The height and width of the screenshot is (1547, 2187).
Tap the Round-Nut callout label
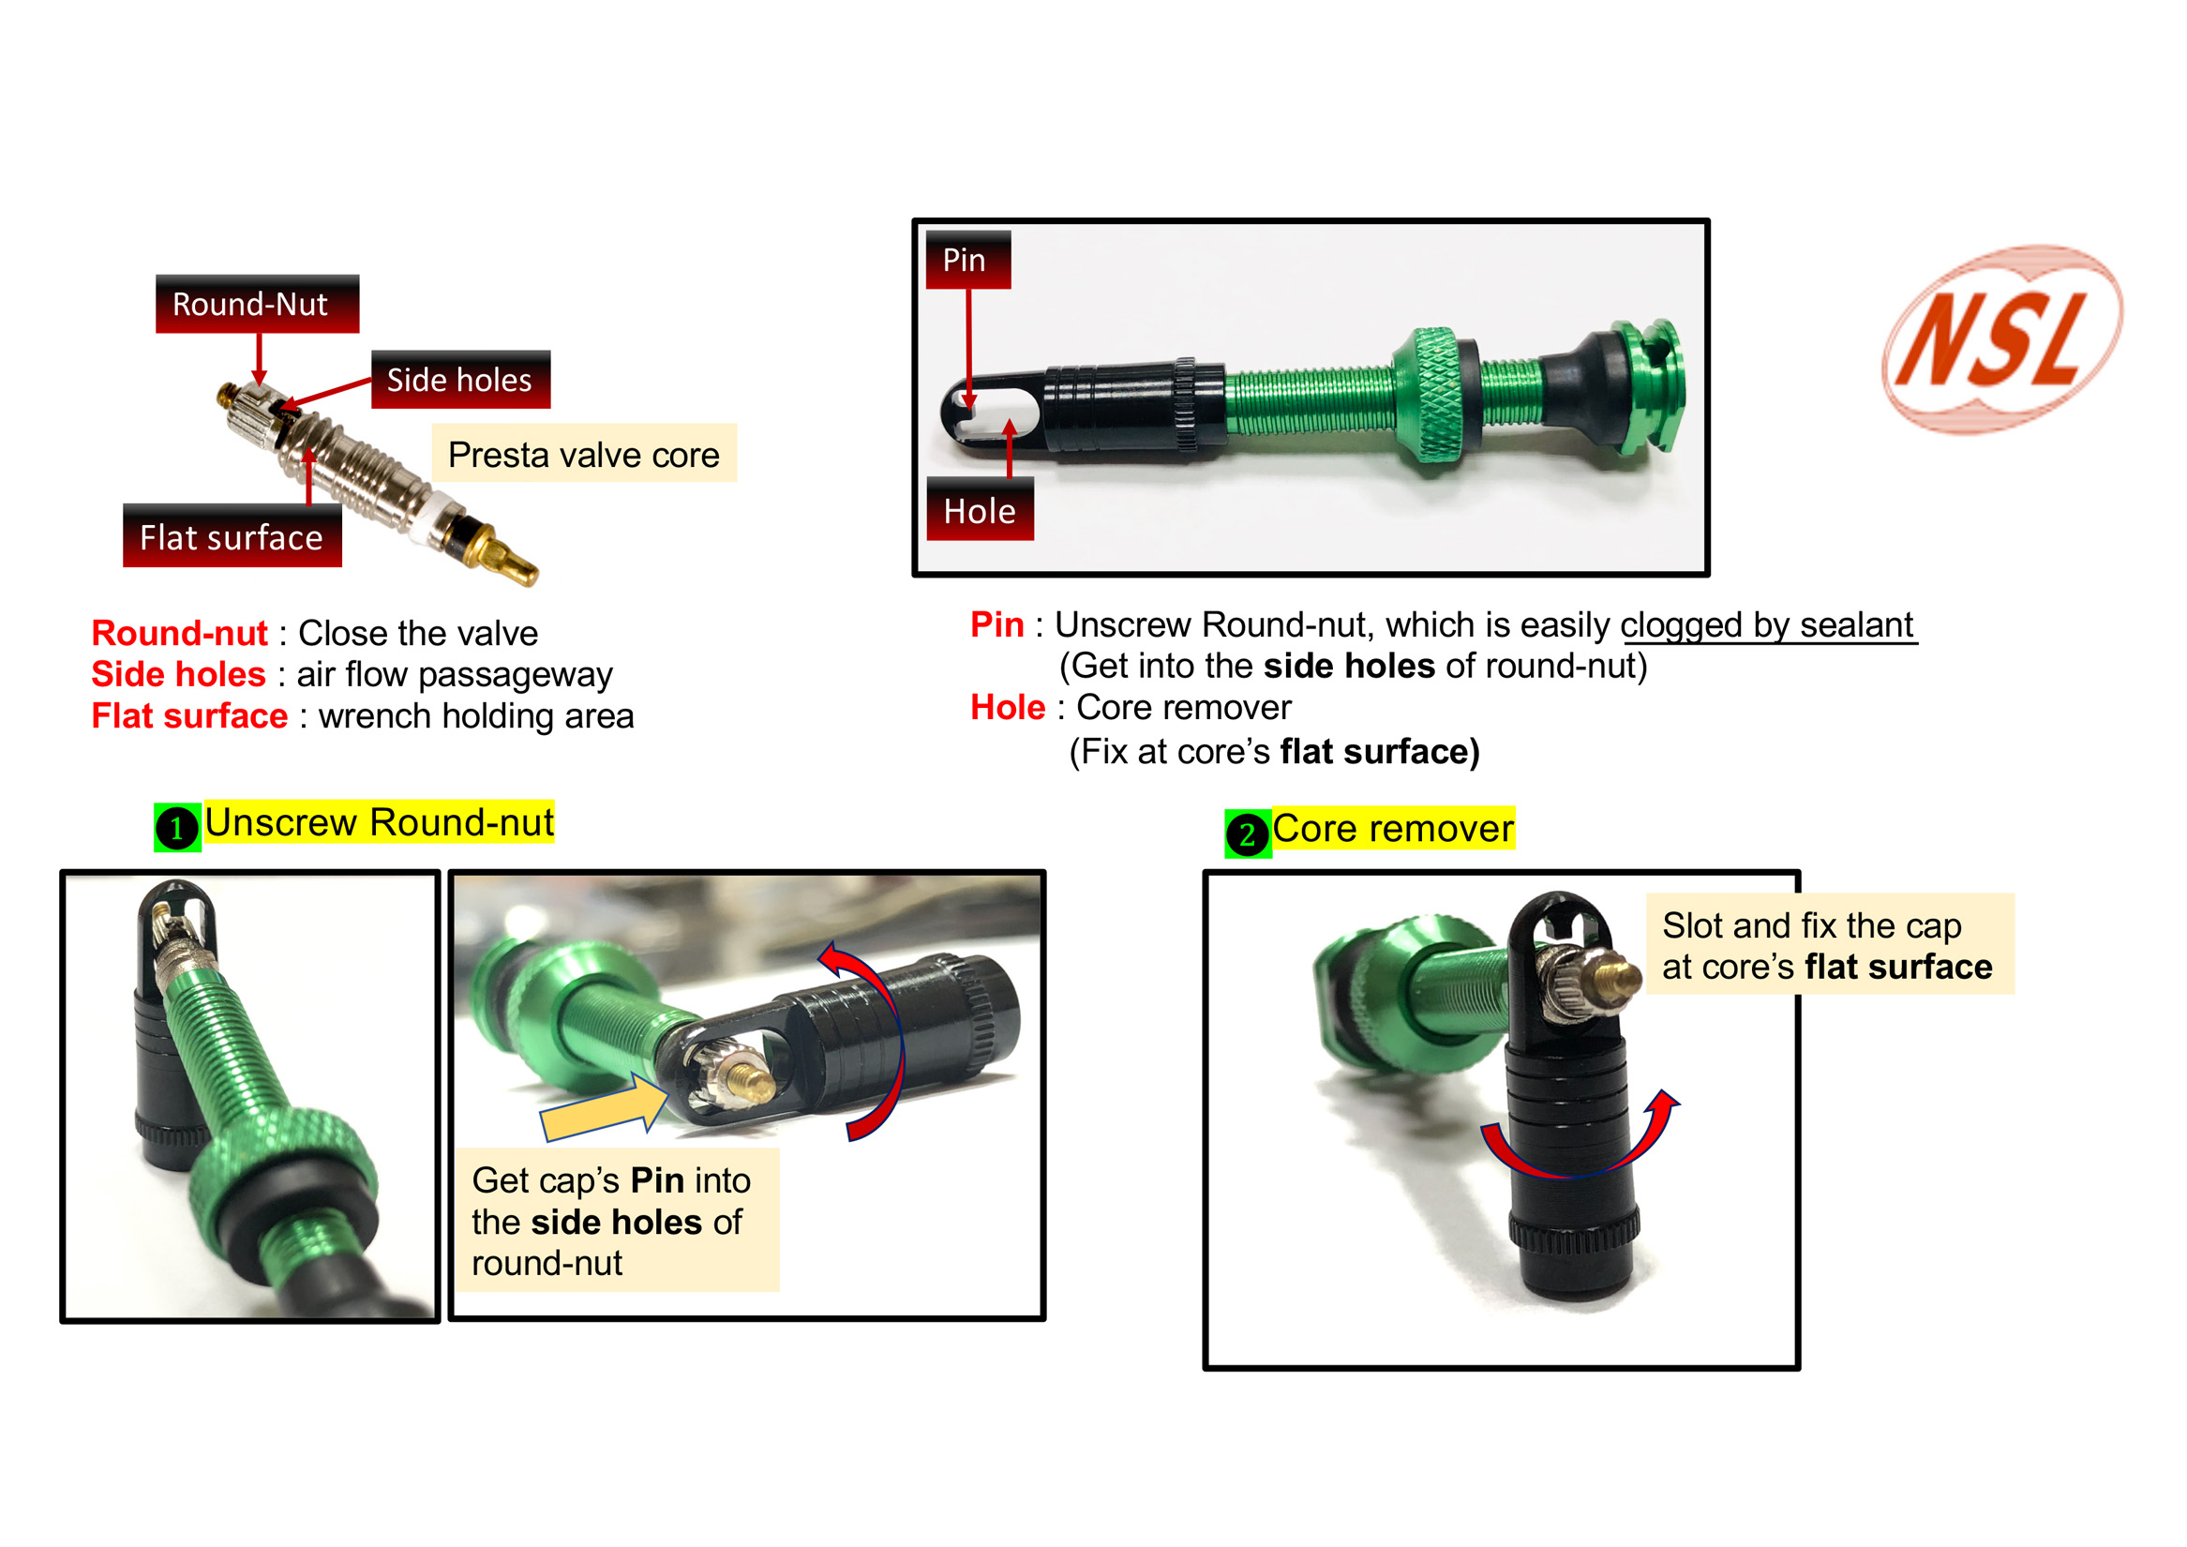click(x=257, y=304)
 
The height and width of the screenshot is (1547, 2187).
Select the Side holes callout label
click(x=461, y=379)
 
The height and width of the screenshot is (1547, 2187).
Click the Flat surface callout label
click(x=232, y=536)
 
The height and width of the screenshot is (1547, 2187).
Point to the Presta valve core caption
click(x=584, y=454)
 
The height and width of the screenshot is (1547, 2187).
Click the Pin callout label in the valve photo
click(x=967, y=259)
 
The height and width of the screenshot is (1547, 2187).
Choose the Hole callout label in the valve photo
click(x=981, y=510)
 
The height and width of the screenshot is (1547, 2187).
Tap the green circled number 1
click(x=177, y=827)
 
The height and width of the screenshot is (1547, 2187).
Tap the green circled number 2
click(x=1248, y=834)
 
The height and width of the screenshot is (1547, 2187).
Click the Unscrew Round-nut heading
click(x=379, y=822)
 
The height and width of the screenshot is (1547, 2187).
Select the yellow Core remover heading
click(x=1394, y=828)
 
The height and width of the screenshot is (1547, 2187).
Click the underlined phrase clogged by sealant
click(x=1767, y=625)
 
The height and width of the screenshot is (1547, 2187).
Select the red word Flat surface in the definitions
click(x=189, y=715)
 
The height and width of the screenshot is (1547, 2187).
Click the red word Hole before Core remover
click(x=1008, y=707)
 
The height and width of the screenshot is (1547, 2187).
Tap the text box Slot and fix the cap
click(x=1830, y=944)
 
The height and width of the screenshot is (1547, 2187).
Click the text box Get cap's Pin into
click(x=617, y=1221)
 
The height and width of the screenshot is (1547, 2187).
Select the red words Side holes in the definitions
click(x=178, y=673)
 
